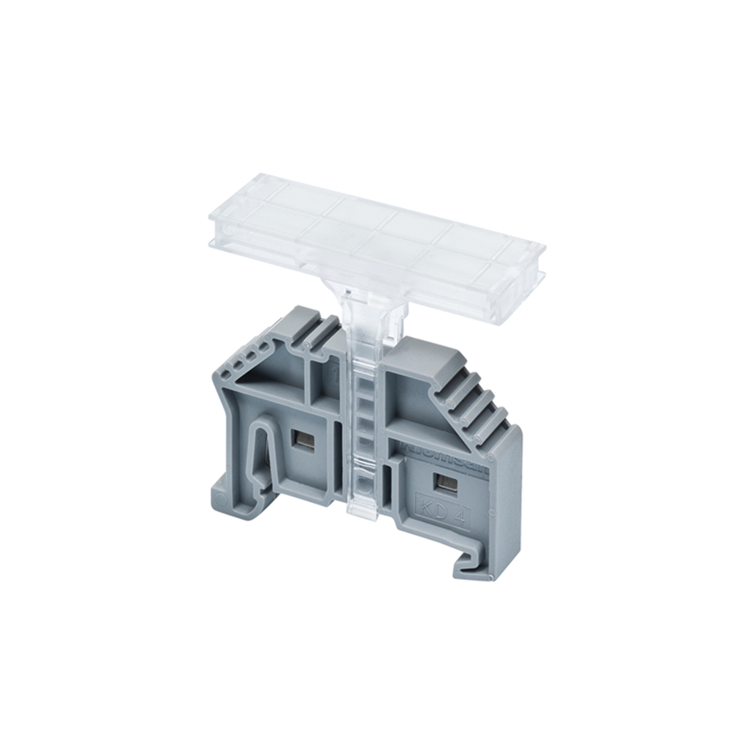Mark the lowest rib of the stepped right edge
pos(502,427)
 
